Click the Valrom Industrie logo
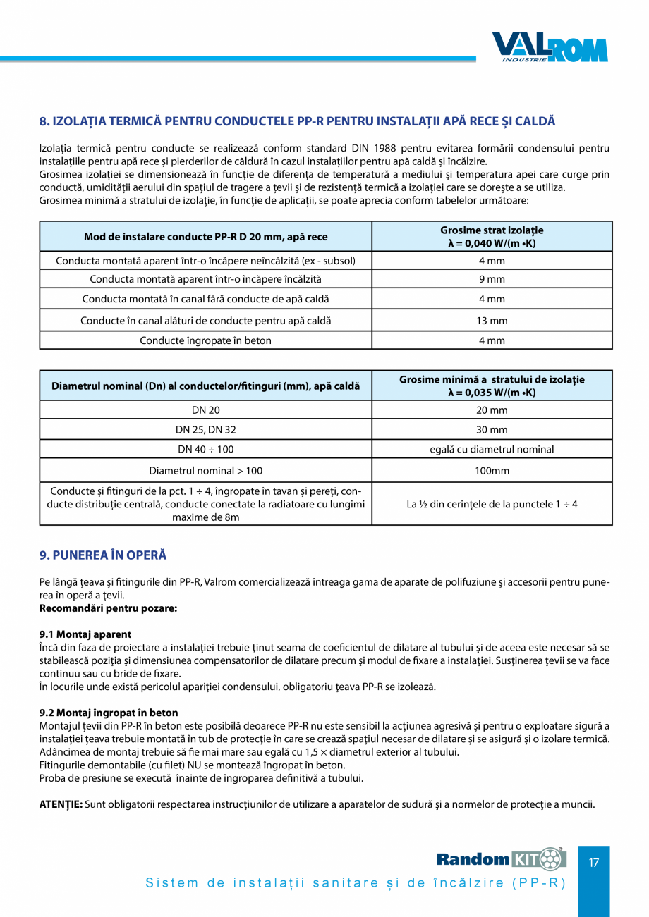(550, 47)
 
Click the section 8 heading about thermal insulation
(297, 121)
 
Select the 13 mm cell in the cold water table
(492, 321)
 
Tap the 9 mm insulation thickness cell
(492, 279)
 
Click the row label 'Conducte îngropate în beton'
(205, 340)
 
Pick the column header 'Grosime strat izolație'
(492, 236)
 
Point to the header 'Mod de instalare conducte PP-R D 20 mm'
(205, 237)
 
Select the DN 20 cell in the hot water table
(205, 410)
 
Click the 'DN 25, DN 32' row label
(205, 429)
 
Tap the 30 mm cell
(492, 429)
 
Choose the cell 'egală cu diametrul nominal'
(492, 449)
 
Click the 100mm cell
(492, 470)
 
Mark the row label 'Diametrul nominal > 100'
(205, 470)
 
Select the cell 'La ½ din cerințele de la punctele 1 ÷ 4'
(492, 504)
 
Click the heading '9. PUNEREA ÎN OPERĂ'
(103, 555)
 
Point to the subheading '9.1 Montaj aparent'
(85, 634)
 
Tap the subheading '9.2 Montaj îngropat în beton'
(109, 713)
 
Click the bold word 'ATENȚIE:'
(61, 804)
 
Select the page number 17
(594, 862)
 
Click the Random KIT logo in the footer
(501, 858)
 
